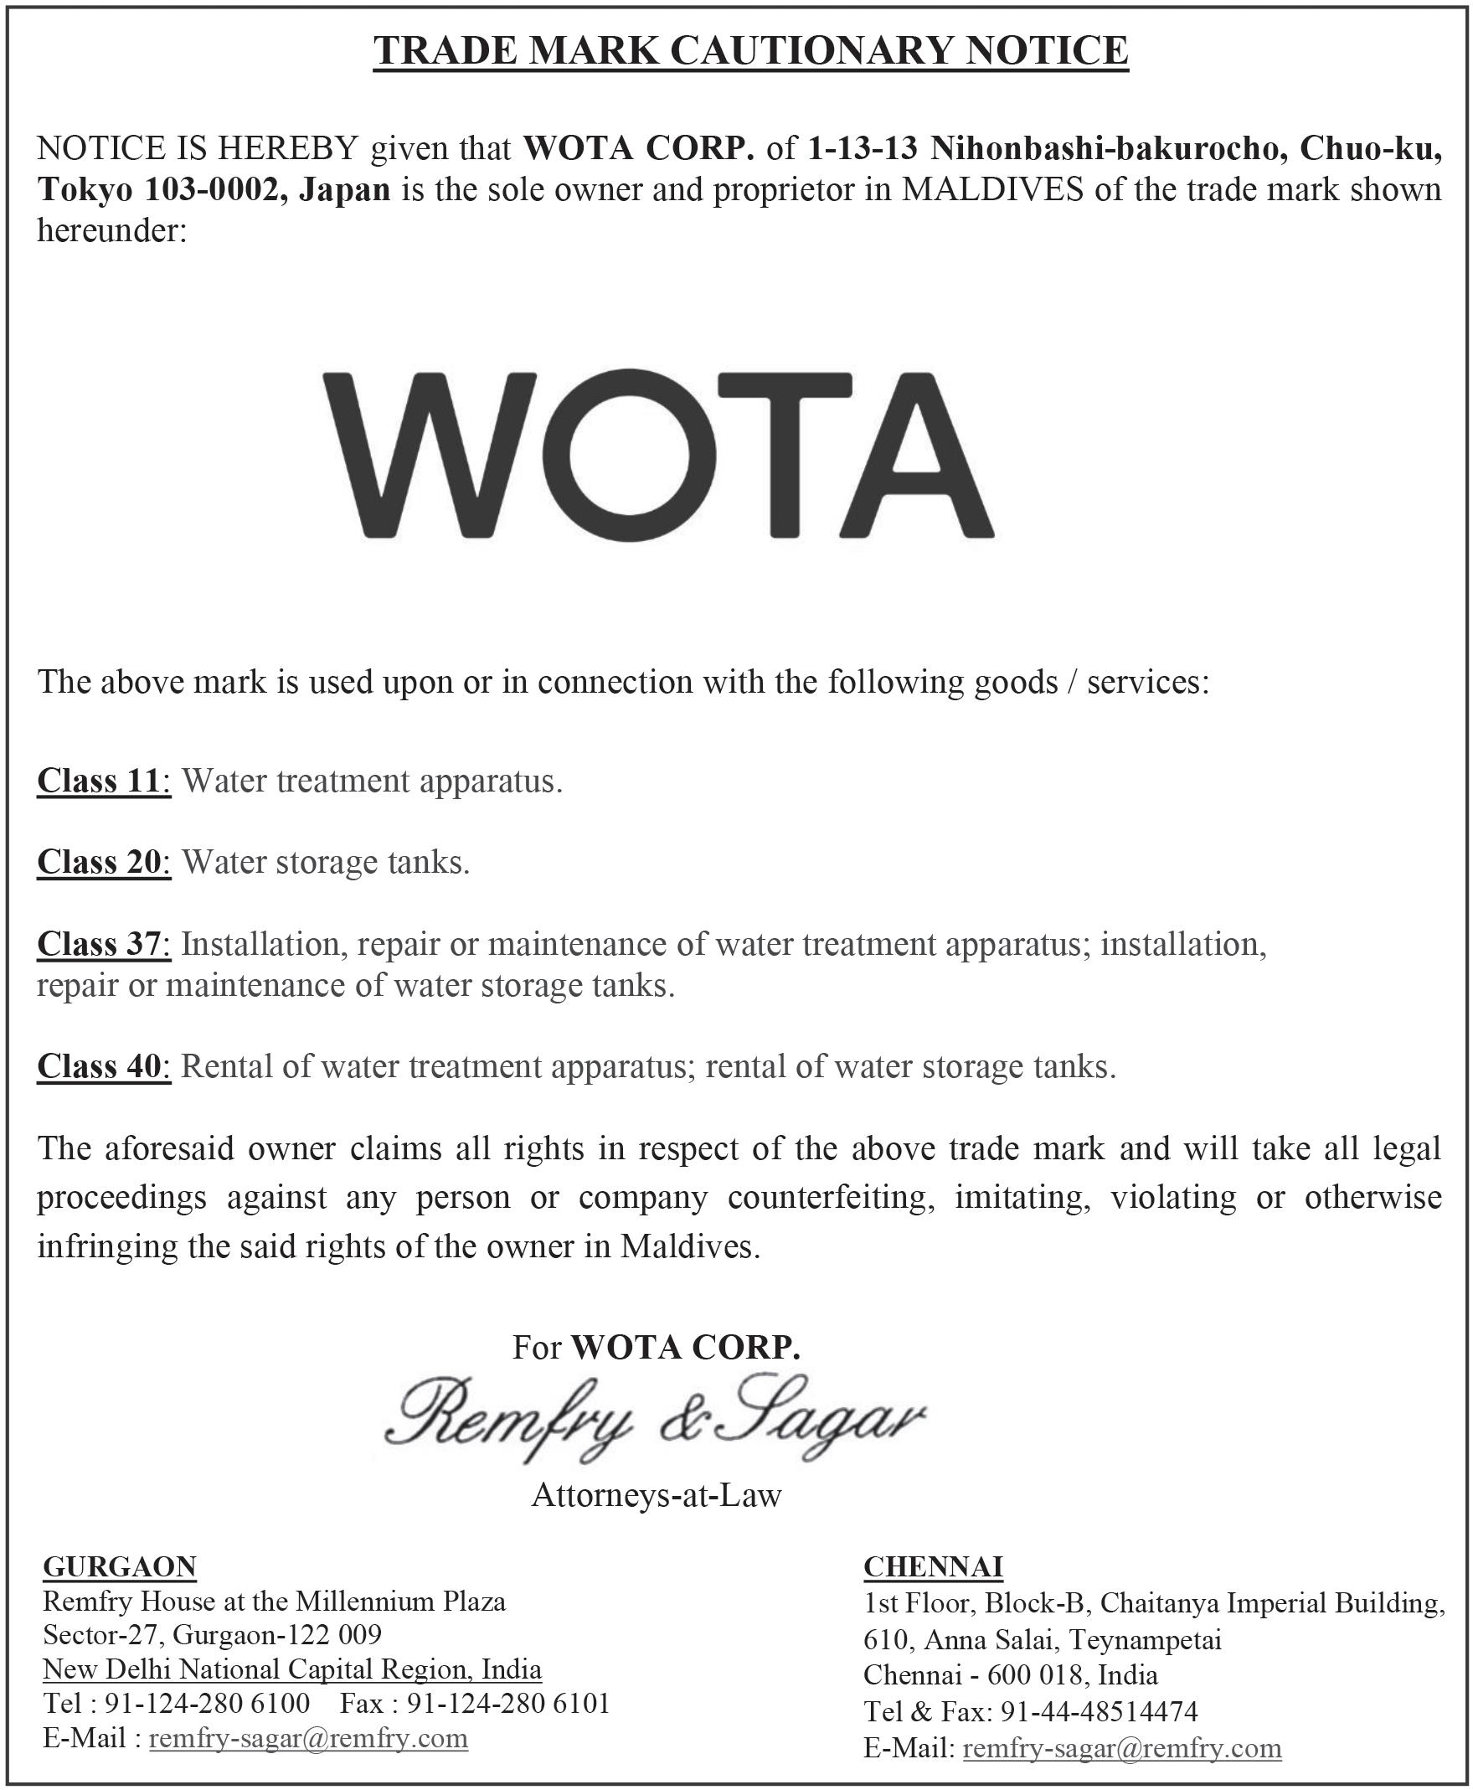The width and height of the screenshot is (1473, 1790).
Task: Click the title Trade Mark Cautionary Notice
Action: (x=751, y=50)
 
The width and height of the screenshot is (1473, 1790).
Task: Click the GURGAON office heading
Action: (x=120, y=1566)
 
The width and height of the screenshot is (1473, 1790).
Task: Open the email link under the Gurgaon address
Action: (x=308, y=1738)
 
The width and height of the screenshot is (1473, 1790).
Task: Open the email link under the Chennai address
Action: (x=1122, y=1748)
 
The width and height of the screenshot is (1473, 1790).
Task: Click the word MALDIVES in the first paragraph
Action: (x=991, y=189)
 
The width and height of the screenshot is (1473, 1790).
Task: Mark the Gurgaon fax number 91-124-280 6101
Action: (x=508, y=1704)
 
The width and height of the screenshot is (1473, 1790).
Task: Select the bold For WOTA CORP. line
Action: (x=656, y=1347)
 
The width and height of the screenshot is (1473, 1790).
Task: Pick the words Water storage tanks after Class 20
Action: (x=325, y=862)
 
